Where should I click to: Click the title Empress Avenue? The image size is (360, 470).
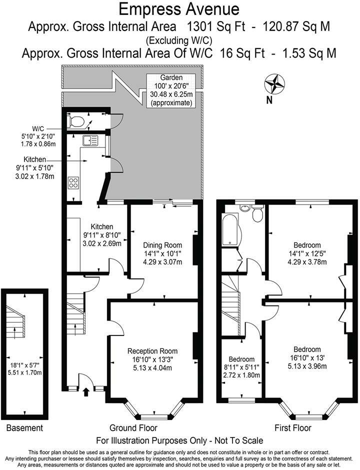pyautogui.click(x=179, y=8)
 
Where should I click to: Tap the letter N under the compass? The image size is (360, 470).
pyautogui.click(x=269, y=99)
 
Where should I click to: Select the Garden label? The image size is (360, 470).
pyautogui.click(x=171, y=78)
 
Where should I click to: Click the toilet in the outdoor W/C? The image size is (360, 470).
pyautogui.click(x=77, y=120)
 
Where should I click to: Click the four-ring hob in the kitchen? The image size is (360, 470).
pyautogui.click(x=74, y=183)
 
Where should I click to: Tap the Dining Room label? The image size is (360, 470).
pyautogui.click(x=162, y=245)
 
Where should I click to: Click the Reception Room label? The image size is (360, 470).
pyautogui.click(x=152, y=351)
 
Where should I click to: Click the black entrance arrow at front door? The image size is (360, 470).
pyautogui.click(x=85, y=392)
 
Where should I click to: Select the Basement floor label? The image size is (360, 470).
pyautogui.click(x=24, y=428)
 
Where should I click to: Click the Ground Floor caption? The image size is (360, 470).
pyautogui.click(x=133, y=428)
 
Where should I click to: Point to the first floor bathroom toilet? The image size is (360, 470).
pyautogui.click(x=258, y=214)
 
